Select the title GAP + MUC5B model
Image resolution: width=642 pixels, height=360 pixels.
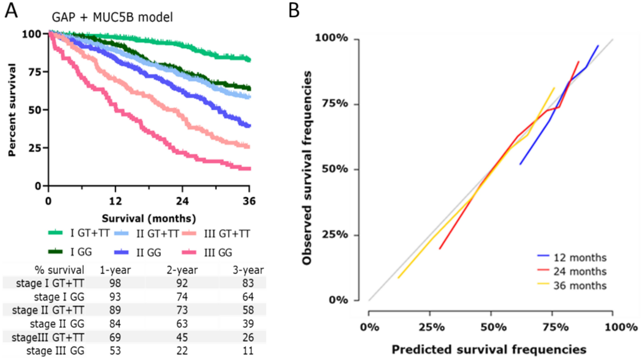point(112,17)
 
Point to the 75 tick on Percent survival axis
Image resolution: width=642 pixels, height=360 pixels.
point(35,72)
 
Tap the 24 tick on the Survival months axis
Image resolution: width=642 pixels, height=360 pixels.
point(182,201)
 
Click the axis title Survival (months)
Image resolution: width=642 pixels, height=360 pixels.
point(149,219)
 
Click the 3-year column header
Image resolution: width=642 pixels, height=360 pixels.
point(248,270)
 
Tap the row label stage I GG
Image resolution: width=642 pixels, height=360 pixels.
point(59,297)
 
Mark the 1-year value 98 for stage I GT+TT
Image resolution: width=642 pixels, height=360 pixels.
point(115,283)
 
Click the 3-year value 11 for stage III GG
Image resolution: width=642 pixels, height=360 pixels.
point(248,351)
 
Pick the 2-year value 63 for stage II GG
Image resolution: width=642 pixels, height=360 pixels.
point(182,324)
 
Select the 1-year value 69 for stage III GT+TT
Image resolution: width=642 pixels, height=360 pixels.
point(115,338)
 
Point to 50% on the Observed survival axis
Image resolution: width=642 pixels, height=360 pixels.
point(335,169)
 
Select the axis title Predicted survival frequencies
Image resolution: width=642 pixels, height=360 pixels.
point(489,350)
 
